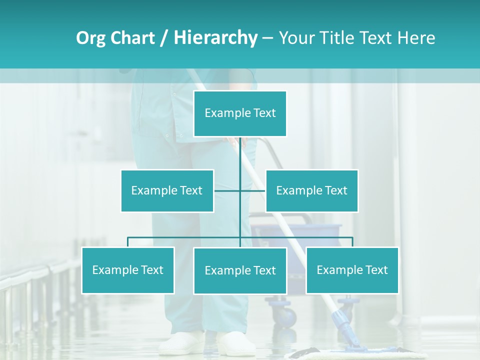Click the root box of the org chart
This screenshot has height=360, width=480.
[240, 113]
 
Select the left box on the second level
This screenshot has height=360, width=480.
[167, 190]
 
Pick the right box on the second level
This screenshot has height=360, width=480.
[311, 190]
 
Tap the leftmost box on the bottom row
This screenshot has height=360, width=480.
[127, 270]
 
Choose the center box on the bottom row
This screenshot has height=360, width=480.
[240, 270]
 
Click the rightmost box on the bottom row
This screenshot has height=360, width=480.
[352, 270]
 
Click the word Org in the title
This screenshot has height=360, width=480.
[90, 38]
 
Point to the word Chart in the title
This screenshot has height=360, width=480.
[132, 38]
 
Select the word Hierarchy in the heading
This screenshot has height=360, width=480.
[215, 38]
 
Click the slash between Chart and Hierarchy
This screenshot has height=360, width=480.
[164, 38]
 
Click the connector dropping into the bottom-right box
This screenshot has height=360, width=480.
[352, 242]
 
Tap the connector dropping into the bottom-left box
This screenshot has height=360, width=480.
[128, 242]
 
